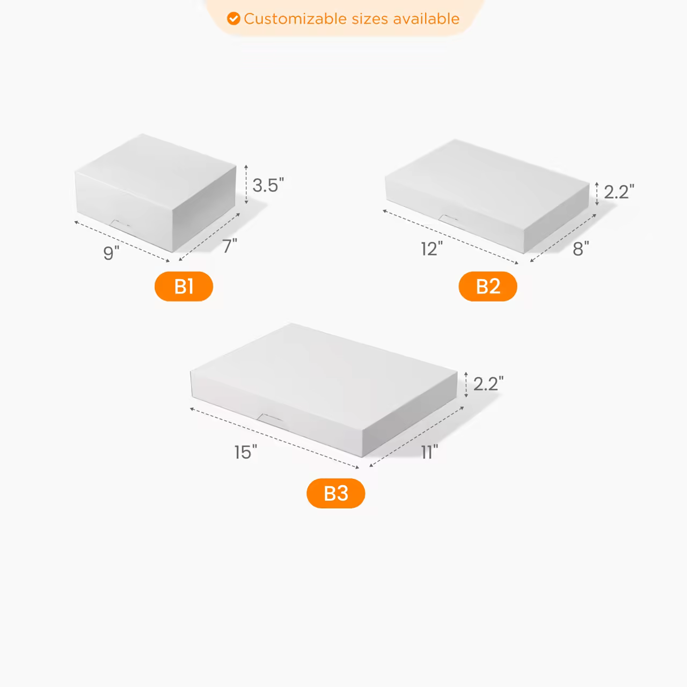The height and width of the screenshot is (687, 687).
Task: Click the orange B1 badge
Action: tap(184, 287)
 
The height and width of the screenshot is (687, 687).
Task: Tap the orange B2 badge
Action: tap(487, 287)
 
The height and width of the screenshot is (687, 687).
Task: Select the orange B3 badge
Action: tap(335, 493)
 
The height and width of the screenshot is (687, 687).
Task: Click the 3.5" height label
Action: tap(267, 185)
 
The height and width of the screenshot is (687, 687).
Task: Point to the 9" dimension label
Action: tap(111, 253)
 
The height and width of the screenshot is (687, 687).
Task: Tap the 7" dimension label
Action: tap(229, 246)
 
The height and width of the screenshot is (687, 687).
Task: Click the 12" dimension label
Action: tap(432, 249)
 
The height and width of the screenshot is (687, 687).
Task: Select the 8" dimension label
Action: tap(580, 249)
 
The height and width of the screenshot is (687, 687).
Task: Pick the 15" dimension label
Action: tap(245, 452)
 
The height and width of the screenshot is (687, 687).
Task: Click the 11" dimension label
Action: tap(429, 452)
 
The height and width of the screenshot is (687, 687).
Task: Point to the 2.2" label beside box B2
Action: tap(618, 192)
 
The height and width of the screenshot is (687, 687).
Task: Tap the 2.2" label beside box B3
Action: tap(488, 384)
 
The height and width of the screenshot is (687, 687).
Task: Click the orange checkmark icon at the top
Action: tap(233, 19)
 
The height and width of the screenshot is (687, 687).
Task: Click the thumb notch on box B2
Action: tap(449, 218)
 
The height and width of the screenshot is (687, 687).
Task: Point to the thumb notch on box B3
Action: tap(270, 418)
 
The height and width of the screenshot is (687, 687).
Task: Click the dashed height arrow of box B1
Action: tap(246, 184)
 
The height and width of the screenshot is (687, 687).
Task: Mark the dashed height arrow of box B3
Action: tap(466, 384)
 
